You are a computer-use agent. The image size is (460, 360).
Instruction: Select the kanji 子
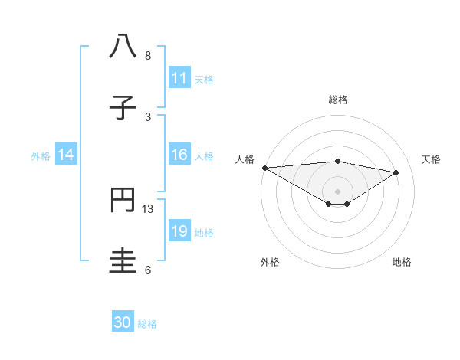pyautogui.click(x=123, y=107)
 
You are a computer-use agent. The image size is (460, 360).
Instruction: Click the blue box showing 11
pyautogui.click(x=179, y=78)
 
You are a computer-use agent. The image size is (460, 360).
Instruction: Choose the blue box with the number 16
pyautogui.click(x=179, y=155)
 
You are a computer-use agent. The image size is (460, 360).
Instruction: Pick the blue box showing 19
pyautogui.click(x=179, y=231)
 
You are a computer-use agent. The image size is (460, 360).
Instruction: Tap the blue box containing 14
pyautogui.click(x=66, y=155)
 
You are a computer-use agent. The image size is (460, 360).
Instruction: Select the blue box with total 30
pyautogui.click(x=123, y=322)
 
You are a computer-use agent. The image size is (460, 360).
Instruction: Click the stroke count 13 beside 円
pyautogui.click(x=148, y=208)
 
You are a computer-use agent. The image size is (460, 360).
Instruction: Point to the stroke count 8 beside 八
pyautogui.click(x=148, y=56)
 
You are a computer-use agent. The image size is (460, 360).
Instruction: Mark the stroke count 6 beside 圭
pyautogui.click(x=148, y=270)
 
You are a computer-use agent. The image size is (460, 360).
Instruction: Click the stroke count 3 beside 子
pyautogui.click(x=148, y=116)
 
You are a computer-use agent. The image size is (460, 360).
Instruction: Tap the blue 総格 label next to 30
pyautogui.click(x=147, y=324)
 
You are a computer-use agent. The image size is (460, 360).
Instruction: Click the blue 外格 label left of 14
pyautogui.click(x=41, y=156)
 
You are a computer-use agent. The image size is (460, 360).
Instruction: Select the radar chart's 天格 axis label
pyautogui.click(x=432, y=159)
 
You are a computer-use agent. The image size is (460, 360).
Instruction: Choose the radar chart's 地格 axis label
pyautogui.click(x=402, y=262)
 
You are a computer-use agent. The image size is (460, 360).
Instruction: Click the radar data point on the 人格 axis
pyautogui.click(x=264, y=168)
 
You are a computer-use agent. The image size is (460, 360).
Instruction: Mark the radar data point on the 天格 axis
pyautogui.click(x=396, y=172)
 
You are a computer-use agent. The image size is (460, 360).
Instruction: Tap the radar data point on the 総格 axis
pyautogui.click(x=337, y=161)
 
